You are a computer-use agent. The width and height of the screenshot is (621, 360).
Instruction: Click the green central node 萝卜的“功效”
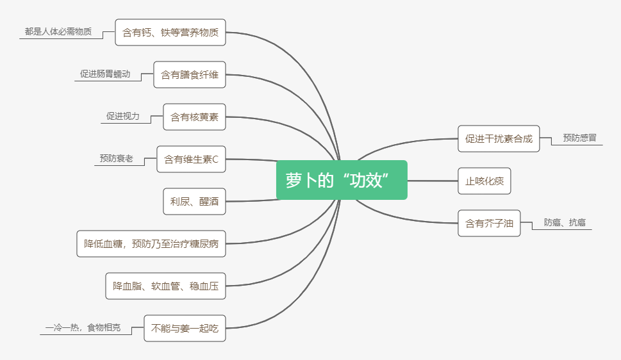[x=342, y=180]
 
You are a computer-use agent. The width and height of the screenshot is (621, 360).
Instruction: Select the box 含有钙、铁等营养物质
[x=170, y=32]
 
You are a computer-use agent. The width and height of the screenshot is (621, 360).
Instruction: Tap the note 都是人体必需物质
[x=58, y=31]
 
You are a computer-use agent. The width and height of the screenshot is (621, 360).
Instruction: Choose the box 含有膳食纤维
[x=190, y=74]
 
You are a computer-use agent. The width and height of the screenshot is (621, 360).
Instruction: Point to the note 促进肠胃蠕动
[x=105, y=74]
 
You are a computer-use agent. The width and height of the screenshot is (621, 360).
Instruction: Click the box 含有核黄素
[x=194, y=117]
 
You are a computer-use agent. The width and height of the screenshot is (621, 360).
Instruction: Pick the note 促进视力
[x=123, y=117]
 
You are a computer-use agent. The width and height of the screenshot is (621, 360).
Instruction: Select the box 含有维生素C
[x=191, y=159]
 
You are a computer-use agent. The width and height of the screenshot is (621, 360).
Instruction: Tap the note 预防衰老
[x=117, y=158]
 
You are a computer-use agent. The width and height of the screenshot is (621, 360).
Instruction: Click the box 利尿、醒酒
[x=194, y=201]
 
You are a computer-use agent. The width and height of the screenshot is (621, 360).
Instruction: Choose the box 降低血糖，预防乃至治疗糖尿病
[x=151, y=243]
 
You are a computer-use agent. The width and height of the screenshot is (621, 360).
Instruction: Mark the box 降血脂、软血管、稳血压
[x=165, y=286]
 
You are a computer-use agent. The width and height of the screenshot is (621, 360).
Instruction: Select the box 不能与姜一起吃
[x=185, y=328]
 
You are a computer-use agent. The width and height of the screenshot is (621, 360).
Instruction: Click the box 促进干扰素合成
[x=499, y=138]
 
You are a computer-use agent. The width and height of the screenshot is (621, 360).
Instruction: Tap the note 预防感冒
[x=579, y=138]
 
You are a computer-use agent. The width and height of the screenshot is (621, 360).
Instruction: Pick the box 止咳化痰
[x=484, y=181]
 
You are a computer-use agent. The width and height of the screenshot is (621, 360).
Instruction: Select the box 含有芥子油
[x=488, y=223]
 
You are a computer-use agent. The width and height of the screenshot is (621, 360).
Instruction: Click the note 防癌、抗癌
[x=565, y=222]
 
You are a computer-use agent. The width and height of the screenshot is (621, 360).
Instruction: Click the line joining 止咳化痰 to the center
[x=433, y=181]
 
